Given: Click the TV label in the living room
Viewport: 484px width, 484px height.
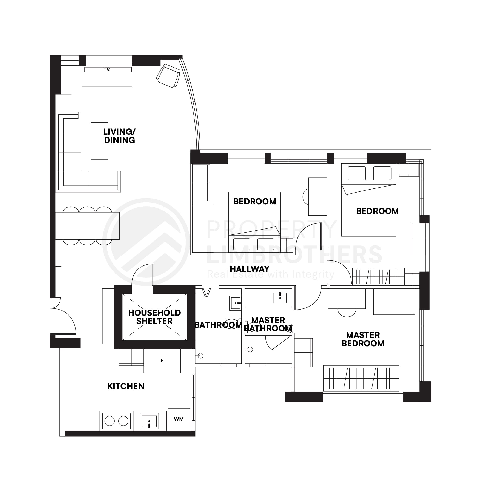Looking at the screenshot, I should pos(107,70).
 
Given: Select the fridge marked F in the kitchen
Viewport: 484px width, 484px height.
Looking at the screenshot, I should pos(162,361).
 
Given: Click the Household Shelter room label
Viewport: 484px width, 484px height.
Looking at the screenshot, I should pos(154,317).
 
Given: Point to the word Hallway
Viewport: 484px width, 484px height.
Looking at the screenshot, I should pos(250,269).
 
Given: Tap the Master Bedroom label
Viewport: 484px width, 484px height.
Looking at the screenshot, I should pos(363,339).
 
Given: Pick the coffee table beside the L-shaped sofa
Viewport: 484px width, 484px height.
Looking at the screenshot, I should pos(99,141).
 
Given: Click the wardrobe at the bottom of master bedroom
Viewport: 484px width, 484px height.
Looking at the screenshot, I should pos(361,378).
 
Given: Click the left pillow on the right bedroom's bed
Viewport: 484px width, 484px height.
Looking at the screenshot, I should pos(356,173).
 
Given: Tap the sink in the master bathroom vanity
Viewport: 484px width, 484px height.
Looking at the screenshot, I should pos(280,298).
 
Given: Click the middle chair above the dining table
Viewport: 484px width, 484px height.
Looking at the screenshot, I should pos(87,210).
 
